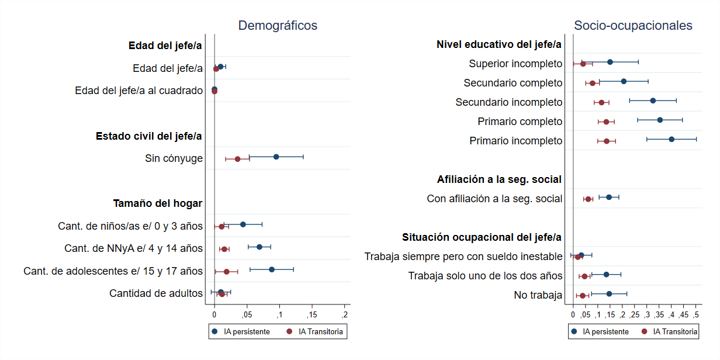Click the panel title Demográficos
pos(278,26)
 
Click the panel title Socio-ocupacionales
pos(633,26)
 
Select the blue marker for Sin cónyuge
pos(276,157)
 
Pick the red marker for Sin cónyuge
pos(237,159)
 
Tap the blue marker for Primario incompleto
pos(671,139)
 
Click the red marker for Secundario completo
pos(593,83)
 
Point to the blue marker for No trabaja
pos(609,294)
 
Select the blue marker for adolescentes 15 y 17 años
pos(272,269)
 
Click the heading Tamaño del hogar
pos(158,203)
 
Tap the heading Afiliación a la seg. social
pos(499,179)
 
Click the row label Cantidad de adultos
pos(156,293)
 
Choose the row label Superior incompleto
pos(515,63)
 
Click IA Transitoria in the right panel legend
pos(675,331)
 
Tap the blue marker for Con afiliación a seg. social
pos(608,197)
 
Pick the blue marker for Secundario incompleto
pos(653,101)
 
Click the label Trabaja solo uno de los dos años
pos(485,276)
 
